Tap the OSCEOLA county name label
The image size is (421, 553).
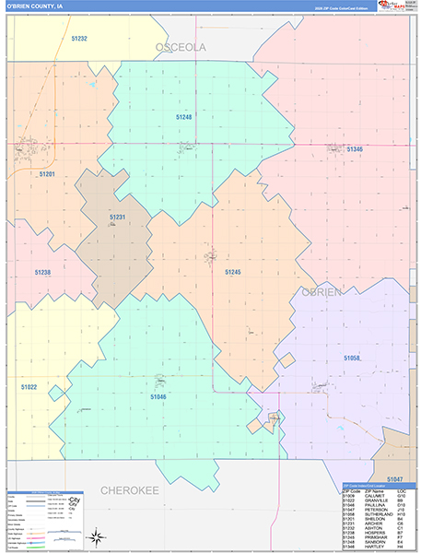pos(181,46)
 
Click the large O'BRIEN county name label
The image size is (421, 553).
pos(322,292)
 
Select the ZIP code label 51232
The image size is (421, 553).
pos(78,39)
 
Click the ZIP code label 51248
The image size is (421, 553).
pos(184,117)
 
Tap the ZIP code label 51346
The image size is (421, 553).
pos(354,148)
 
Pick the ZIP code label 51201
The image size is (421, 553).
pos(47,173)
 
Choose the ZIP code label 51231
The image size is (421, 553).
pos(117,217)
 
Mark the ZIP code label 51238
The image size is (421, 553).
pos(42,273)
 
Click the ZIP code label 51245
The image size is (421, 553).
pos(232,272)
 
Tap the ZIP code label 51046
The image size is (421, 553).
pos(158,395)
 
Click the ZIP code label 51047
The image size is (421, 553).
pos(394,479)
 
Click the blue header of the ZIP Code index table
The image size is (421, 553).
pos(378,485)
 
